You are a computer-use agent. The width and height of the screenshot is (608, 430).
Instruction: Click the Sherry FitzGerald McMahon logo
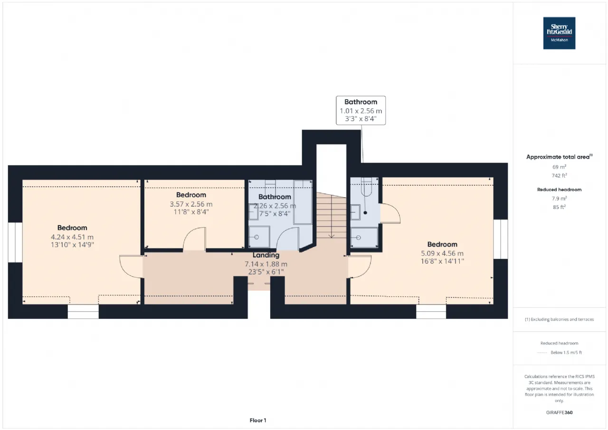[x=559, y=33]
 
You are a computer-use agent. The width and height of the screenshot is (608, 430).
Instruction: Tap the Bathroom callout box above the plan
[x=361, y=110]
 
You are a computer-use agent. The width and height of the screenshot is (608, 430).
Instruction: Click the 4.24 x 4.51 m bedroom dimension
[x=72, y=237]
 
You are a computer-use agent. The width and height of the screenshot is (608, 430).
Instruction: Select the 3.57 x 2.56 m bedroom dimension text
[x=191, y=204]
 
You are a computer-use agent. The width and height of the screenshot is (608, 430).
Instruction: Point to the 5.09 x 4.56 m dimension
[x=442, y=253]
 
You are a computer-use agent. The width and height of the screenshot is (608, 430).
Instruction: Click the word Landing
[x=266, y=255]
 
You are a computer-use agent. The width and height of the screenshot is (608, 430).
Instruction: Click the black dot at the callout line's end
[x=365, y=213]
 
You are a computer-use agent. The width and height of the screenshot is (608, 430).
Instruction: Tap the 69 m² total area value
[x=559, y=167]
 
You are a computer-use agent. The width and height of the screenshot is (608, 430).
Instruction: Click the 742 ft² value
[x=559, y=175]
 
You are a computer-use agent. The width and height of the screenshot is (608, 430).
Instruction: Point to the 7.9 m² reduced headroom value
[x=559, y=199]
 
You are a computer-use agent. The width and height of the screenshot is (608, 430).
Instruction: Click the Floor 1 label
[x=258, y=420]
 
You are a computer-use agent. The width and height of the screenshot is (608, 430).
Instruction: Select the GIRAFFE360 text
[x=559, y=412]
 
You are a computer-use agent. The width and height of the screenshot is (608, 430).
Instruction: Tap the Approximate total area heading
[x=559, y=157]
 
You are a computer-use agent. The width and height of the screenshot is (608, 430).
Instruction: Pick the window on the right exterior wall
[x=501, y=239]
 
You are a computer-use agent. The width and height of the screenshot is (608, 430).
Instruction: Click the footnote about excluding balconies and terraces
[x=559, y=319]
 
